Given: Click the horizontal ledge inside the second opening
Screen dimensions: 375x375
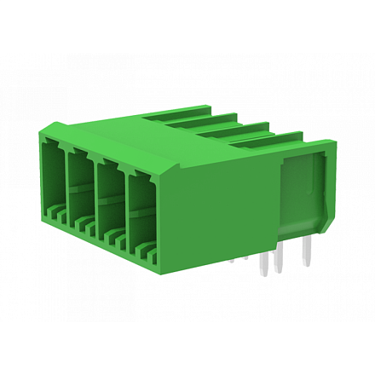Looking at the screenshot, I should click(83, 193).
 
